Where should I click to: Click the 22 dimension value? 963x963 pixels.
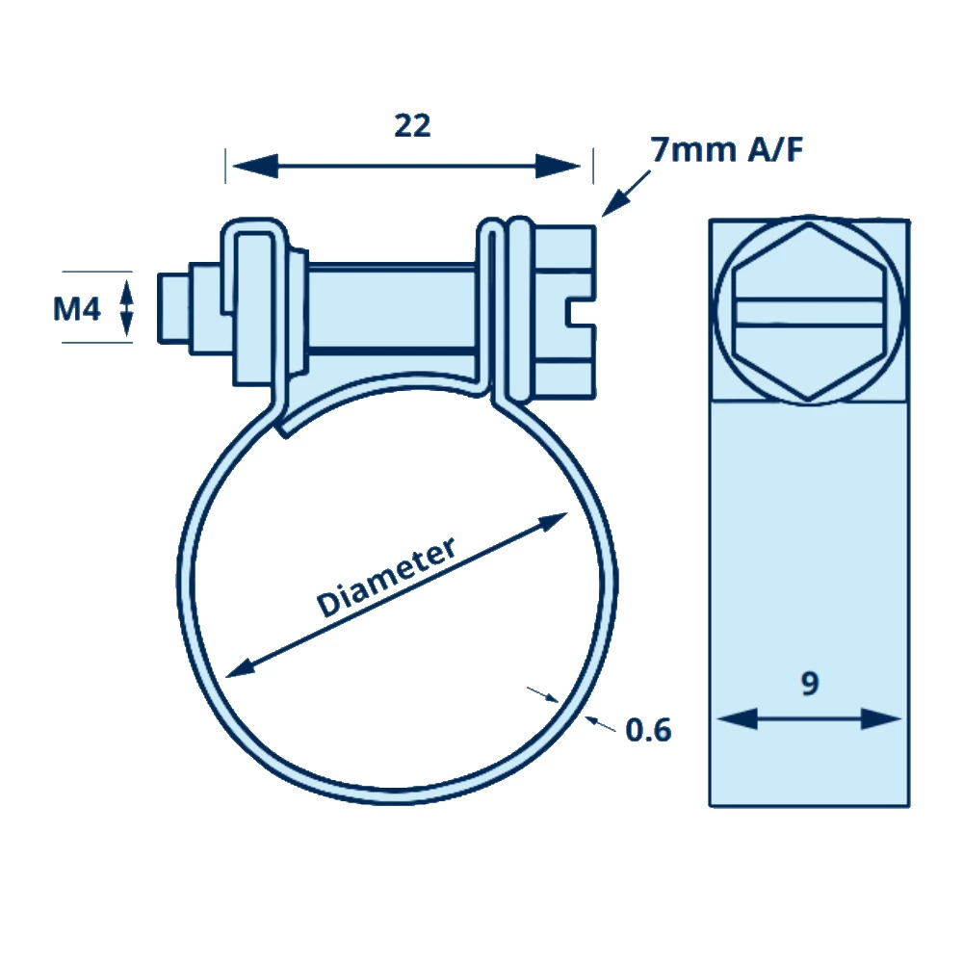[x=412, y=125]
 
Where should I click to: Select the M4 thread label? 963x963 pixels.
[x=77, y=309]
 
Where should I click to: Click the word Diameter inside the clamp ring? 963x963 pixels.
[x=386, y=577]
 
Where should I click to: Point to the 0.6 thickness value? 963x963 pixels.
[x=648, y=730]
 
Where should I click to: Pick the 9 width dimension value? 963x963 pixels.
[x=810, y=684]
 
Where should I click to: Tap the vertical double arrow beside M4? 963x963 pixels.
[x=126, y=304]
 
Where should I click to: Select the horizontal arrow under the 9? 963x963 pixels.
[x=809, y=718]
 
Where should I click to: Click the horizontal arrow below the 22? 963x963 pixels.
[x=406, y=166]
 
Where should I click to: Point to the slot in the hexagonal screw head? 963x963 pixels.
[x=808, y=309]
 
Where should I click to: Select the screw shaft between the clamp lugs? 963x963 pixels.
[x=395, y=307]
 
